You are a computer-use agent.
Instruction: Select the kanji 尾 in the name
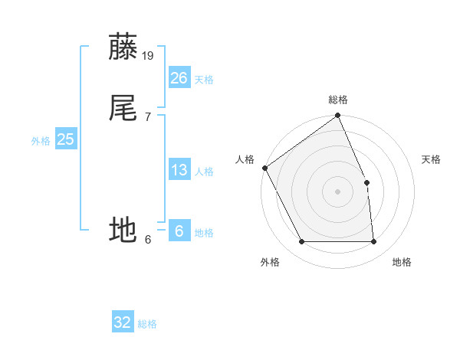click(123, 108)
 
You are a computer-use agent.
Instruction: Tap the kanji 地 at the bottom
click(123, 230)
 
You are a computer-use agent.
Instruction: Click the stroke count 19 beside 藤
click(149, 55)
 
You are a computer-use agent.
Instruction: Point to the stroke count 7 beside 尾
click(148, 116)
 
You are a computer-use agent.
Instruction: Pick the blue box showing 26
click(179, 78)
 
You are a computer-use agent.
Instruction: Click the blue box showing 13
click(179, 170)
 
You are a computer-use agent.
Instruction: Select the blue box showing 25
click(65, 139)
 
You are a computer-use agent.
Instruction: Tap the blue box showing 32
click(123, 322)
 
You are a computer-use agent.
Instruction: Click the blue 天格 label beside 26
click(204, 80)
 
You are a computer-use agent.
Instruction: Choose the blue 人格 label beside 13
click(204, 172)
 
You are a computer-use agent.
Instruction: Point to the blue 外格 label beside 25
click(41, 141)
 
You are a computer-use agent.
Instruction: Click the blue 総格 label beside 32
click(147, 324)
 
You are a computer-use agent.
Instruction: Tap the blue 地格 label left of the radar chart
click(204, 233)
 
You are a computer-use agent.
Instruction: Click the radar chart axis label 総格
click(338, 100)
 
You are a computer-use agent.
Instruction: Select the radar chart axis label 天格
click(431, 159)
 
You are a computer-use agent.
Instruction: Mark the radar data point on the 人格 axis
click(264, 168)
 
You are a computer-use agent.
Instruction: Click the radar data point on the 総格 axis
click(338, 116)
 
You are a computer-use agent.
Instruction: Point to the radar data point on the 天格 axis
click(366, 182)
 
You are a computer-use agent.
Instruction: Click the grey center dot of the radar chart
click(338, 191)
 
